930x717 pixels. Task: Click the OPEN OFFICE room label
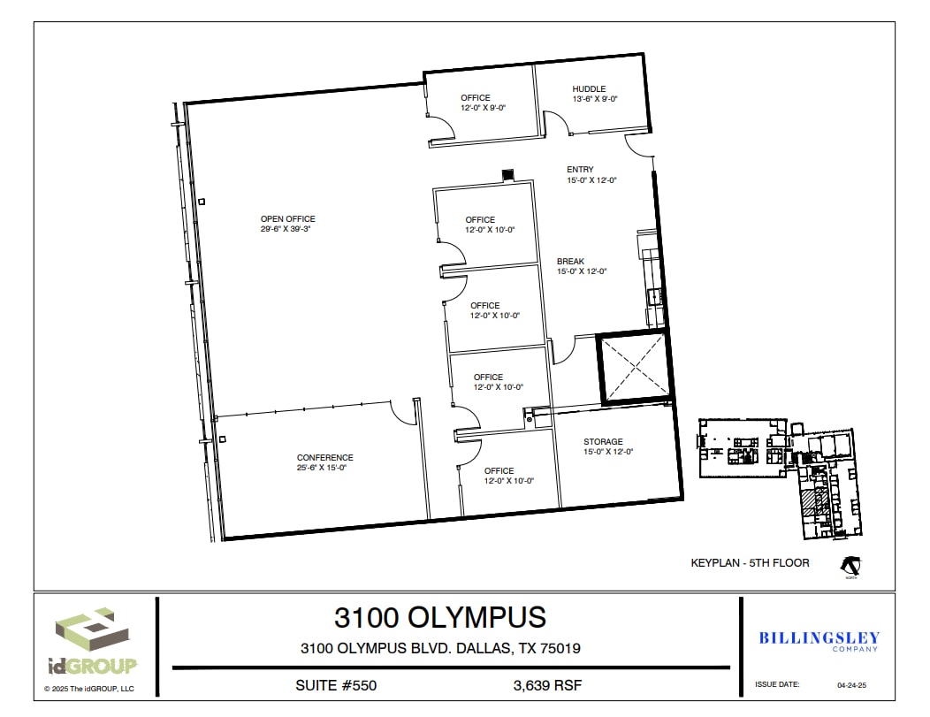tap(287, 219)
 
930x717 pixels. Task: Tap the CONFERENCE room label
tap(324, 458)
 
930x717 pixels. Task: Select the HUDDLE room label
tap(589, 89)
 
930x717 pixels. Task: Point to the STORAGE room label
tap(603, 442)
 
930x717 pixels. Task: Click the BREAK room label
tap(570, 262)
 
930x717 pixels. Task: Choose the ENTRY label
tap(580, 170)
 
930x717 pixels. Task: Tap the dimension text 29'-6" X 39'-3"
tap(286, 229)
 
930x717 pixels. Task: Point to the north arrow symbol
tap(850, 564)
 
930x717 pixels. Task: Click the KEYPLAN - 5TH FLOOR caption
tap(750, 562)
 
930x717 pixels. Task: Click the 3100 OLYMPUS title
tap(439, 616)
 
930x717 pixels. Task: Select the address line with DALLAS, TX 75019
tap(440, 648)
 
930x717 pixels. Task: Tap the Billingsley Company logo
tap(819, 641)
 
